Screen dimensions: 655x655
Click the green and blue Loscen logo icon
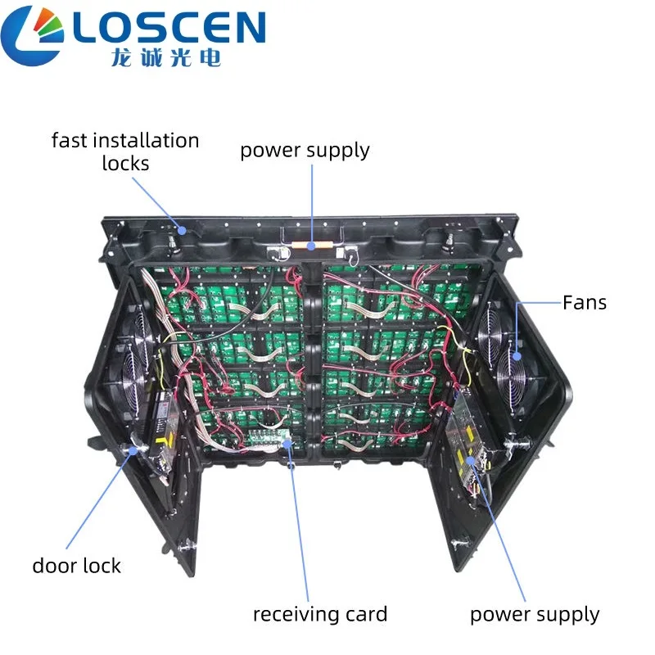coord(34,34)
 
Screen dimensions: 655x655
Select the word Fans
coord(585,303)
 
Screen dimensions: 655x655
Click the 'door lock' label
coord(77,566)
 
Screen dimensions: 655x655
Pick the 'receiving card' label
coord(319,614)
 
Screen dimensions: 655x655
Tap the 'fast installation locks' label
coord(125,151)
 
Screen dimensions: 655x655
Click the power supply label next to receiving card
coord(535,614)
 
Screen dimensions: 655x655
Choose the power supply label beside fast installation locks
coord(305,151)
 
